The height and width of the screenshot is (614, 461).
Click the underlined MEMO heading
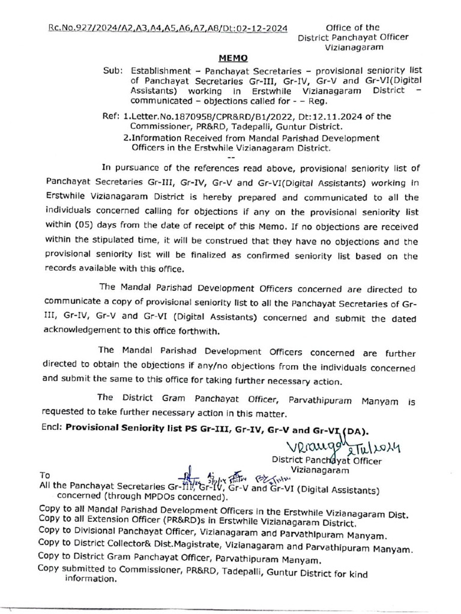[x=233, y=58]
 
